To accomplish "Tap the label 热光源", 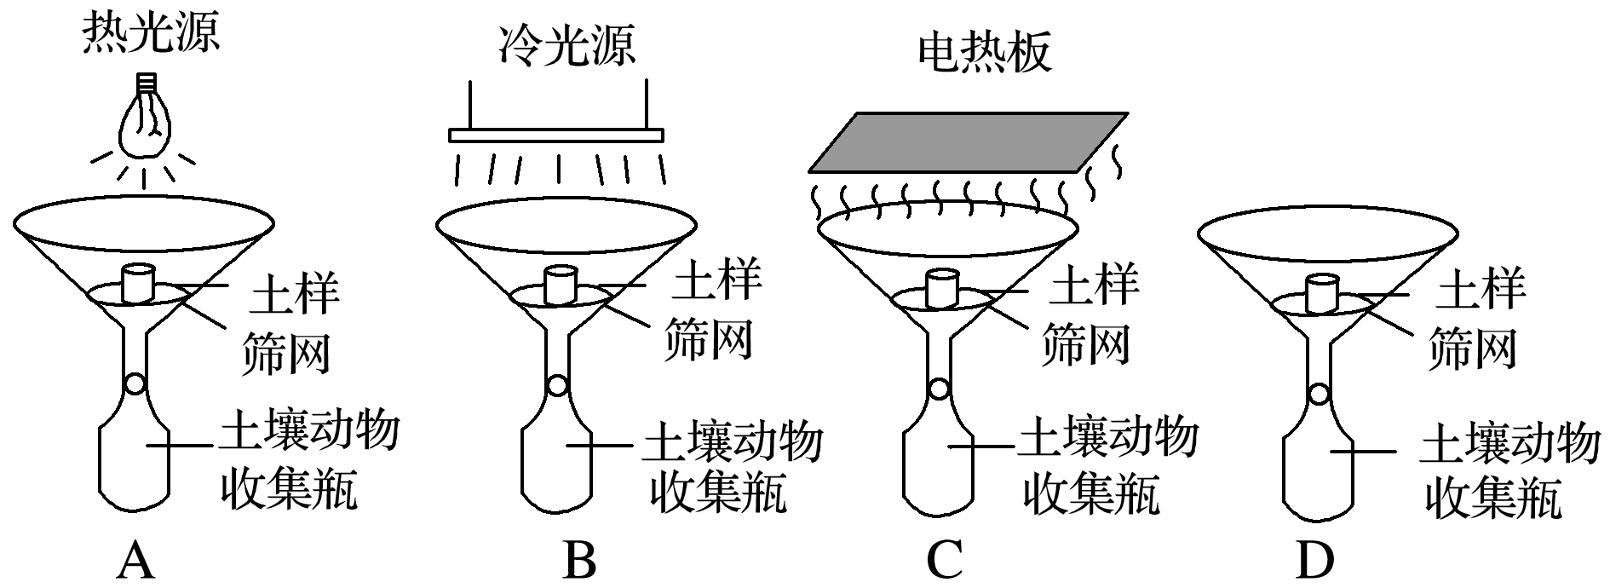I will coord(151,35).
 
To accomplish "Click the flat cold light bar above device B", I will coord(555,135).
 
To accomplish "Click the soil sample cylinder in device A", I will coord(138,284).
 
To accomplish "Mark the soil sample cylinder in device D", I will coord(1321,293).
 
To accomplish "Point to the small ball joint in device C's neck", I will coord(939,389).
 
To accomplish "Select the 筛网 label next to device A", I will coord(285,351).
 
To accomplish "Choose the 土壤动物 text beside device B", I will coord(733,441).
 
